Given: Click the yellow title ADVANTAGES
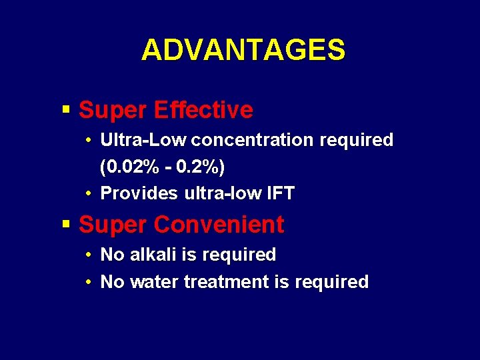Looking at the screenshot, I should click(x=243, y=50).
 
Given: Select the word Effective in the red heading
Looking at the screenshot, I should click(x=203, y=110).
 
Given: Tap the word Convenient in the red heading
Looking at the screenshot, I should click(x=219, y=225).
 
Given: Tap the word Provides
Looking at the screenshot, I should click(x=139, y=194).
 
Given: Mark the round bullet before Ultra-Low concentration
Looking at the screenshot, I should click(x=89, y=140).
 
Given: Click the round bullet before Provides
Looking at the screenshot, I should click(x=89, y=194).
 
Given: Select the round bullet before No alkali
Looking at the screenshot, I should click(x=89, y=255).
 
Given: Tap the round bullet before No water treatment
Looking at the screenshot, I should click(x=89, y=282).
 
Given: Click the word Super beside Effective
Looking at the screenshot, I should click(x=113, y=110).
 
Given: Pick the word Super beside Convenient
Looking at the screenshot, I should click(x=113, y=225).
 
